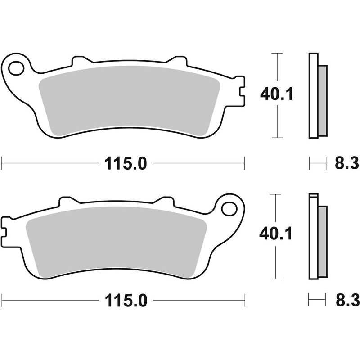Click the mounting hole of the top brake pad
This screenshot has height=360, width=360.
(x=16, y=68)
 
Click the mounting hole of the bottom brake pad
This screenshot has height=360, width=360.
(x=229, y=209)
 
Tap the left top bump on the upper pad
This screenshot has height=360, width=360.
(x=80, y=60)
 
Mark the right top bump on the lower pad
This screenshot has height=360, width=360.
(x=165, y=201)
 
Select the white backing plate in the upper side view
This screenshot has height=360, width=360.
(x=313, y=95)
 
